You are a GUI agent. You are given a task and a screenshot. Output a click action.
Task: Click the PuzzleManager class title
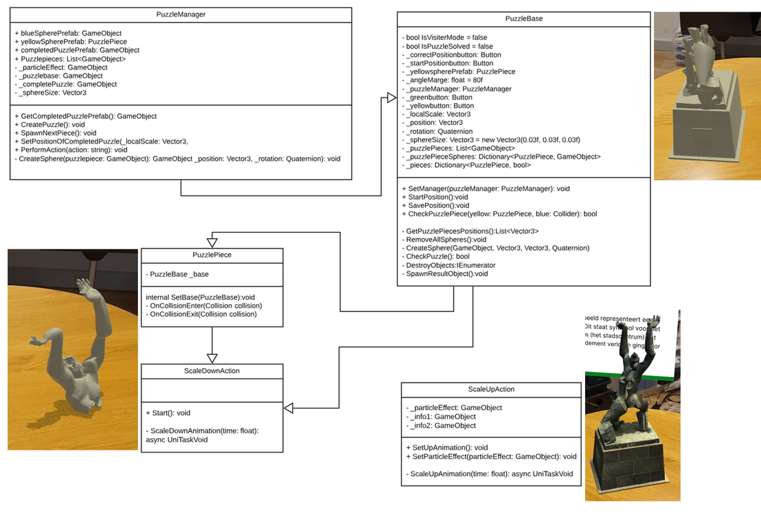point(181,14)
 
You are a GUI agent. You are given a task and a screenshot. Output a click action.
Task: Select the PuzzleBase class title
point(523,19)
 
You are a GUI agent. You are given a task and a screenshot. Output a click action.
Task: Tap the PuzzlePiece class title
point(212,255)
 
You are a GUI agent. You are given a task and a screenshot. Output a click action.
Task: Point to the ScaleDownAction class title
point(212,371)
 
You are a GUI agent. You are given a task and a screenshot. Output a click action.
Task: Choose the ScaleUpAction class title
point(491,389)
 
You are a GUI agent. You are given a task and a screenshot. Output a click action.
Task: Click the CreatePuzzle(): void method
point(49,124)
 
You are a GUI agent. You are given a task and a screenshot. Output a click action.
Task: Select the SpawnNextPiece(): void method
point(55,133)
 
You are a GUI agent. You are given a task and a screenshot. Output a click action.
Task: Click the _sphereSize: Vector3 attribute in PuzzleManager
point(50,92)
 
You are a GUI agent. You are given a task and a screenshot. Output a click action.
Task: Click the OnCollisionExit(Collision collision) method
point(201,314)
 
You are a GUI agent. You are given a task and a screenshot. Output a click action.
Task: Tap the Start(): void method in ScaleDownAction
point(168,413)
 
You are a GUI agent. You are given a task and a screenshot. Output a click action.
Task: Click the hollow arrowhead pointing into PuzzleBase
point(387,99)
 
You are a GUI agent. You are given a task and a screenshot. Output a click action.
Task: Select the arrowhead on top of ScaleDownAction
point(212,357)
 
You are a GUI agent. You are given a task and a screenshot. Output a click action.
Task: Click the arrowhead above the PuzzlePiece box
point(212,241)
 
